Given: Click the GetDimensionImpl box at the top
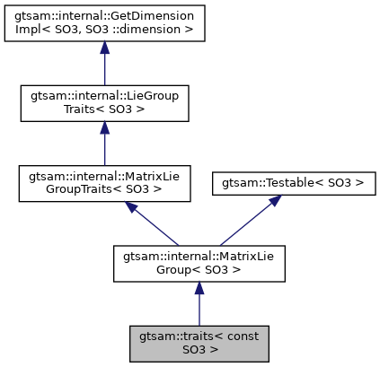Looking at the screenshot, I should pos(104,23).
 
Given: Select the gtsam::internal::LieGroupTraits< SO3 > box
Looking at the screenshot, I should pos(104,103).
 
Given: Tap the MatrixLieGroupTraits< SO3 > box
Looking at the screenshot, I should pos(104,183).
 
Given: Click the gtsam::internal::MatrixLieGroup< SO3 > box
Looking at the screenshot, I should pos(199,263).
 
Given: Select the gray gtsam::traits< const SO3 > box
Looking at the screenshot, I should pos(199,343).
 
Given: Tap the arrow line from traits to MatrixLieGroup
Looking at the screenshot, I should pos(199,310).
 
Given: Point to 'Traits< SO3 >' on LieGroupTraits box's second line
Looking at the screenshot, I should pos(104,109).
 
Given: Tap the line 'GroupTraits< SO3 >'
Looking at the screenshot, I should pos(104,189).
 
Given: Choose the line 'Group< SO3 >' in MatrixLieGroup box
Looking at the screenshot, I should pos(199,269).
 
